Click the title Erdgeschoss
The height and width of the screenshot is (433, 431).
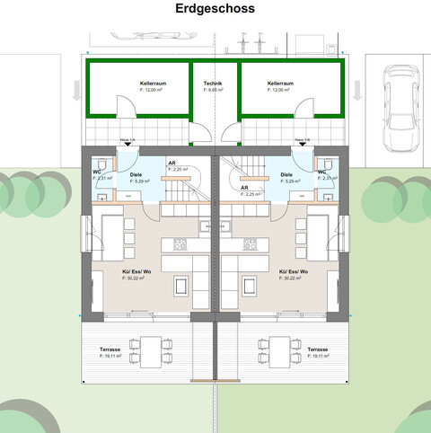click(215, 8)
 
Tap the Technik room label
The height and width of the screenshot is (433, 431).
click(213, 83)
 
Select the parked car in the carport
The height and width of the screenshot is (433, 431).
click(396, 111)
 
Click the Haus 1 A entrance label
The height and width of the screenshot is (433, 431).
click(128, 140)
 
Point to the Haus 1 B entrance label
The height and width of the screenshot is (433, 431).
click(303, 140)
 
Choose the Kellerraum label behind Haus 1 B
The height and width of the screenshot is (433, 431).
click(280, 84)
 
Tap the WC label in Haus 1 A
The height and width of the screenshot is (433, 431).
click(96, 171)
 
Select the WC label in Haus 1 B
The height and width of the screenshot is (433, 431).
click(321, 171)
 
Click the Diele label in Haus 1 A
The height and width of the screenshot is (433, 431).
click(136, 174)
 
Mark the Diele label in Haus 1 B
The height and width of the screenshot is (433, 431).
click(286, 174)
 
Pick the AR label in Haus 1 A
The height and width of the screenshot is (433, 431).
click(172, 163)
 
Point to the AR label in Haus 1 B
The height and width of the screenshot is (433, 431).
click(244, 188)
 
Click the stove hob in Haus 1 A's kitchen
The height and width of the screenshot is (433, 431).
click(180, 243)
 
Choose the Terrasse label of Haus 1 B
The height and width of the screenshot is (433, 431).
click(317, 349)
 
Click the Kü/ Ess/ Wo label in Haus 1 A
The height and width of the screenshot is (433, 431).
click(135, 271)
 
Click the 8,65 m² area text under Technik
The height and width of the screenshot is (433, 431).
click(213, 91)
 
